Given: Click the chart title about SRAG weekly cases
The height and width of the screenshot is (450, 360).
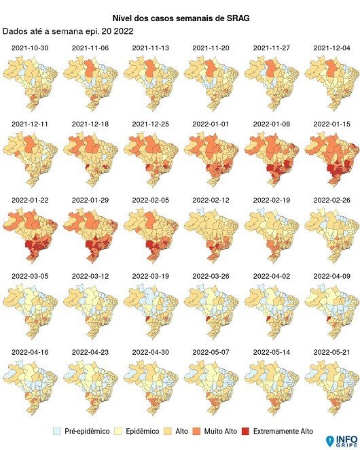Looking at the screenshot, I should point(180,18).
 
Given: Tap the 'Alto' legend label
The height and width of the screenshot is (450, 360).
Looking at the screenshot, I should point(181,432).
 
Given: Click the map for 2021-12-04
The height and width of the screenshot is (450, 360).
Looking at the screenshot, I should point(330,84).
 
